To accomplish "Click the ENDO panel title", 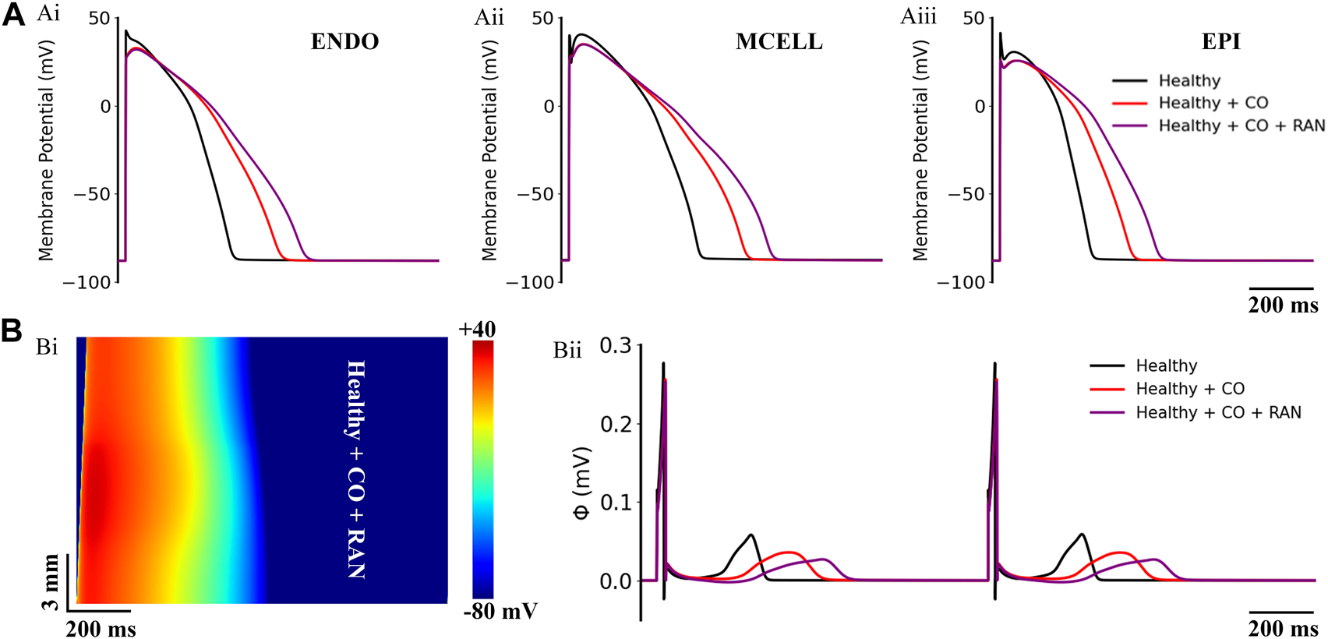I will (344, 41).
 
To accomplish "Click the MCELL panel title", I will (779, 41).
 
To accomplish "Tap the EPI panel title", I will (1220, 41).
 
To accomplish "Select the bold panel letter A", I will (13, 15).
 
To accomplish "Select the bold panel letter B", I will (12, 330).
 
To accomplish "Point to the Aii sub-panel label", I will (489, 16).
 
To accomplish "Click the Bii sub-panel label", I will (567, 351).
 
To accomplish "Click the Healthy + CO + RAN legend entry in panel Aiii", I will (1241, 125).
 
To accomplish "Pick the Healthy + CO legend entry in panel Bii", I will (1189, 389).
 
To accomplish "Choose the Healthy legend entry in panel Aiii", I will (1188, 80).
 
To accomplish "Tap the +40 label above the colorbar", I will (476, 329).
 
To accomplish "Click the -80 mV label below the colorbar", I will (500, 611).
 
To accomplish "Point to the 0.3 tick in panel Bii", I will (615, 345).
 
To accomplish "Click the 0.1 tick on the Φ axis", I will (615, 503).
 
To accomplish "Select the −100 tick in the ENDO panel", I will (87, 282).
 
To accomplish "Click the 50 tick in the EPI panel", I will (974, 18).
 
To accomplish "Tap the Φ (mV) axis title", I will (582, 483).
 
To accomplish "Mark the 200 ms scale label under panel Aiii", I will (1283, 305).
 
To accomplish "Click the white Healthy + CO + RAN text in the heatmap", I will (356, 469).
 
